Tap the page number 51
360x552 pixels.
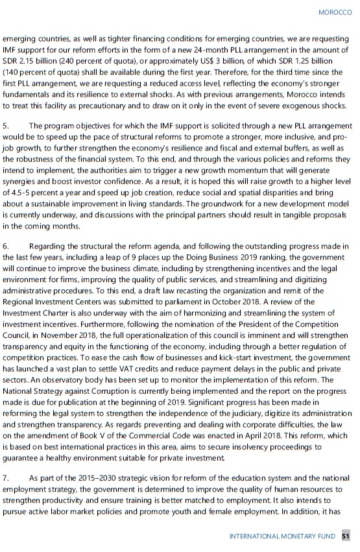346,536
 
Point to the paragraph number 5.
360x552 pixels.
5,125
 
